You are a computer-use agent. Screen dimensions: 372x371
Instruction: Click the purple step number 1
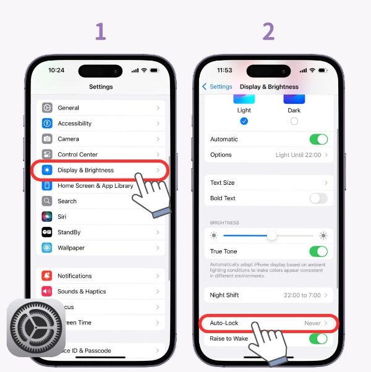(100, 31)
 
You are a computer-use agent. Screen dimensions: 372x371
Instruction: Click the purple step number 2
(268, 31)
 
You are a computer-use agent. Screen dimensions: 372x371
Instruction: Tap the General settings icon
(47, 108)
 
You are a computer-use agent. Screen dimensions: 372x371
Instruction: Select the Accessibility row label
(74, 124)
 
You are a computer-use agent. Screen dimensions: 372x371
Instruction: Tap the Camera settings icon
(47, 139)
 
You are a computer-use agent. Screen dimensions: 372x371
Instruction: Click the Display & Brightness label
(85, 170)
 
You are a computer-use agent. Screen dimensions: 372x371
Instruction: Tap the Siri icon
(47, 217)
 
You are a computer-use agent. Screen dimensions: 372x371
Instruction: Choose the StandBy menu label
(70, 232)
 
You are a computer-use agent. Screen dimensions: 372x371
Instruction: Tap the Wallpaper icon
(47, 248)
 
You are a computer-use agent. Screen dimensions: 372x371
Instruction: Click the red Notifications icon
(47, 276)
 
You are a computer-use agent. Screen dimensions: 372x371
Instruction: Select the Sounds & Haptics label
(82, 292)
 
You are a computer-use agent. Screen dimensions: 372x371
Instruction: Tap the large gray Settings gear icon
(36, 328)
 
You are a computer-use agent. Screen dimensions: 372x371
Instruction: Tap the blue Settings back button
(217, 87)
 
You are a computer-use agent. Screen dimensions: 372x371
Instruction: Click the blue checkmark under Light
(244, 121)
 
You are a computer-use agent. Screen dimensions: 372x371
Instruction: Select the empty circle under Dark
(294, 121)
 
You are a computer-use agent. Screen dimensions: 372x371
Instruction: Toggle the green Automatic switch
(318, 139)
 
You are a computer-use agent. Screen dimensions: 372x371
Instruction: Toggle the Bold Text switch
(318, 198)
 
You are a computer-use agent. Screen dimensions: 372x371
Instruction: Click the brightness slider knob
(271, 235)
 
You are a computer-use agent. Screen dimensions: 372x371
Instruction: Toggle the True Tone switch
(318, 252)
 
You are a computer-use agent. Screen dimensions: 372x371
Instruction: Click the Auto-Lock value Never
(312, 323)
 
